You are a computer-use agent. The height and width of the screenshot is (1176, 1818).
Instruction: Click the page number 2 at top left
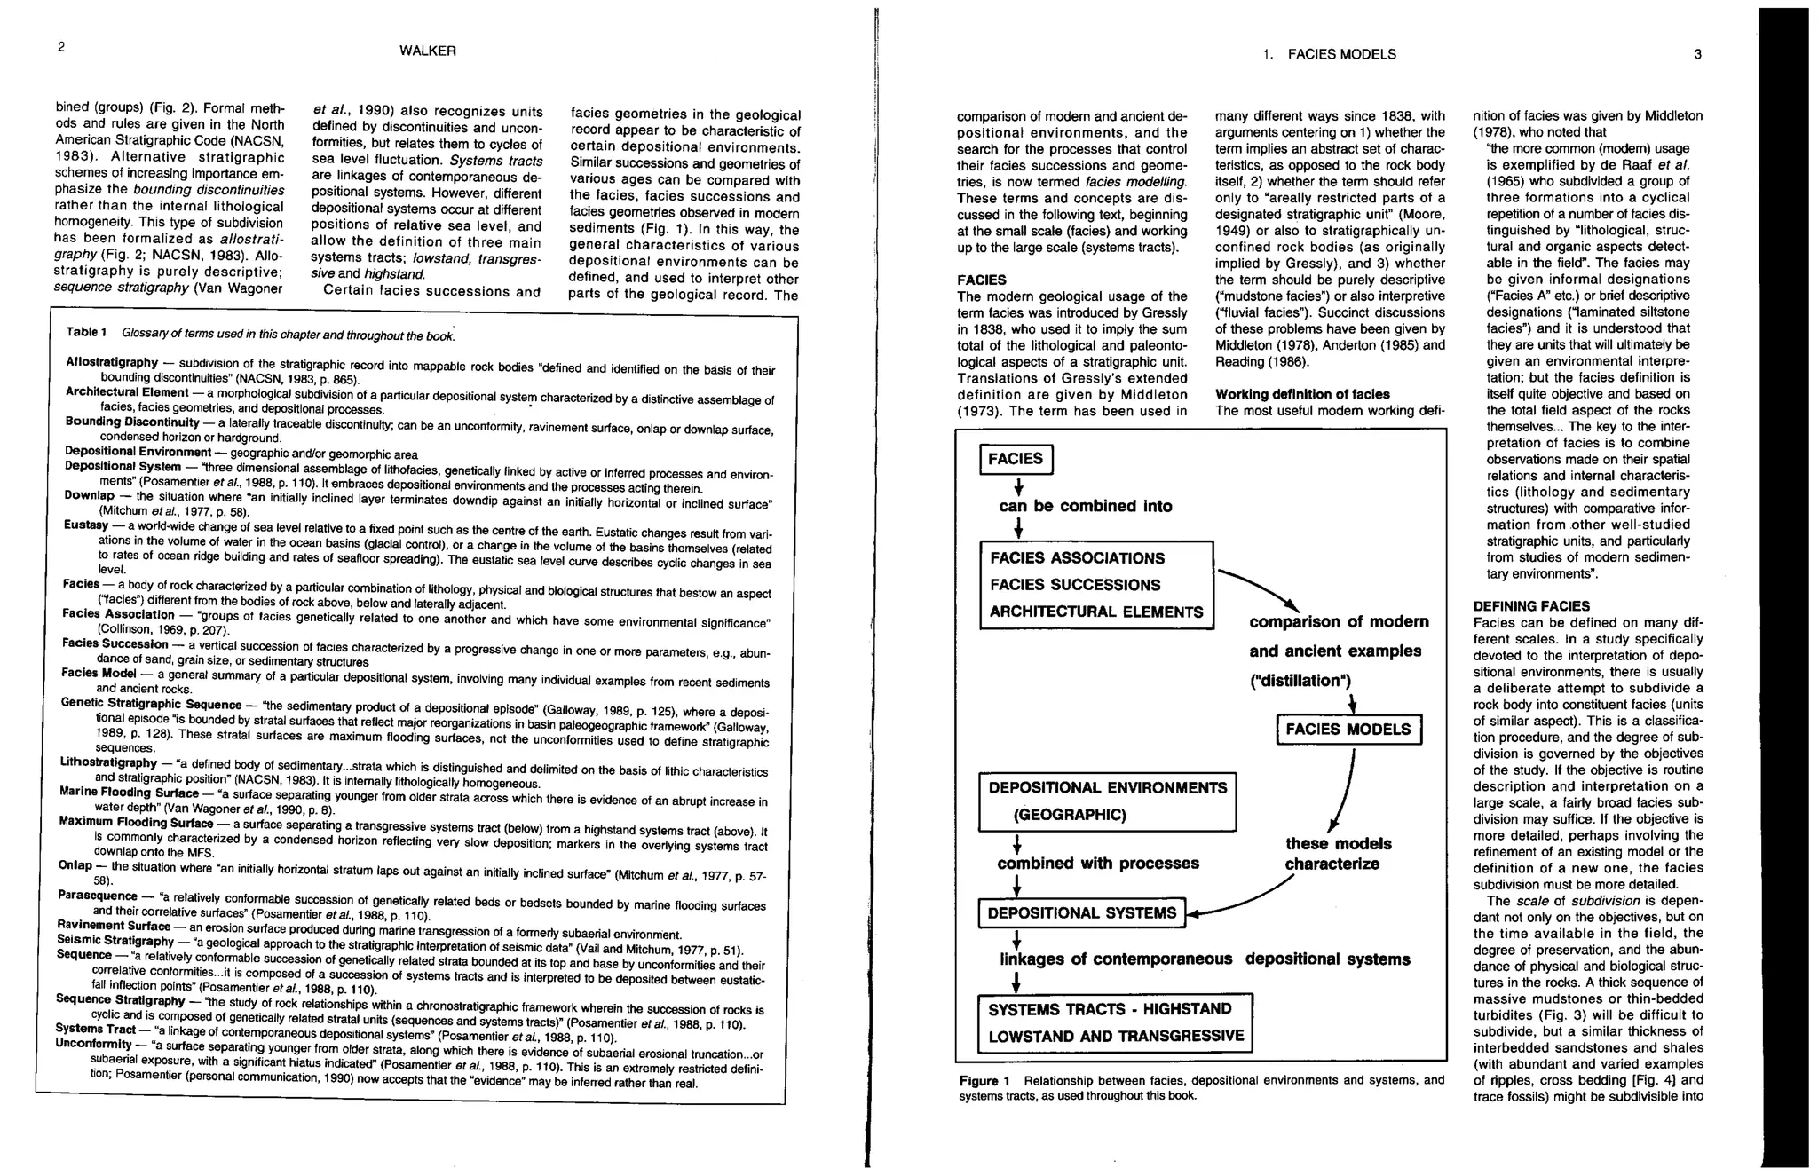60,47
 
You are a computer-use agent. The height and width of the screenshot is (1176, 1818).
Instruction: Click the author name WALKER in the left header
428,51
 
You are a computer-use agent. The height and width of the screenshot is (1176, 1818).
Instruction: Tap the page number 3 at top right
1697,54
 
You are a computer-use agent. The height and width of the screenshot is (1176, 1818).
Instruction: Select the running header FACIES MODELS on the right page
1341,54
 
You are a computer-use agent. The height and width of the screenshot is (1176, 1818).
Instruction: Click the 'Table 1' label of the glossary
86,332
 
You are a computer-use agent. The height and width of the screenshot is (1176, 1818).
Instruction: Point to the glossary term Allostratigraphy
112,362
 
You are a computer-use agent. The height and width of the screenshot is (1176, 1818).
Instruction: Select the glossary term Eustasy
86,525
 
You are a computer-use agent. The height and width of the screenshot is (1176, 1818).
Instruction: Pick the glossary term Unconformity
93,1043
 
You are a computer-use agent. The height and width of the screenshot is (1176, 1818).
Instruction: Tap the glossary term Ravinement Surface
114,925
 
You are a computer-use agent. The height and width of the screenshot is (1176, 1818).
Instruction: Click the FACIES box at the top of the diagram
1016,459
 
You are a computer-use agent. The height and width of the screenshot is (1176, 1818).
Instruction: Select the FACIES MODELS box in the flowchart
1348,730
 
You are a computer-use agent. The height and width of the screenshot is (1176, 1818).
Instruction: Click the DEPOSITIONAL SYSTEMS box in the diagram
1081,913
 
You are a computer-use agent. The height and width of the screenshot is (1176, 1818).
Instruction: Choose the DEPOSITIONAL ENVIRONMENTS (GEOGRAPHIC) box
1107,801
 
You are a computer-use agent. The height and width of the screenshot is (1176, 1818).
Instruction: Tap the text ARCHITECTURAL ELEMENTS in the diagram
1096,612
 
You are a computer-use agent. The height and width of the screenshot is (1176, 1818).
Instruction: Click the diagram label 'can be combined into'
1085,507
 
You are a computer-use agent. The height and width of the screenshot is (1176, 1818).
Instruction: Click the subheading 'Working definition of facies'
1302,394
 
